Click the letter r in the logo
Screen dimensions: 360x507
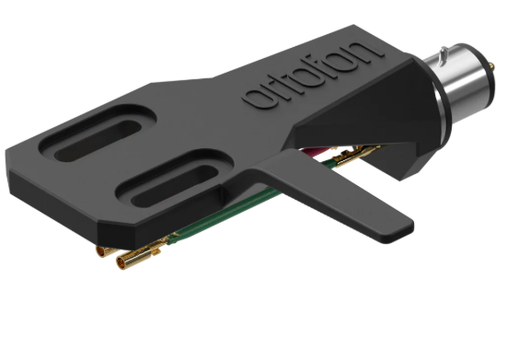(x=272, y=94)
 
